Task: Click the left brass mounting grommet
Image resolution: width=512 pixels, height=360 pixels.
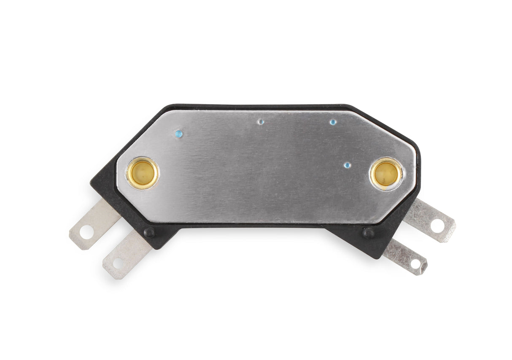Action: [x=143, y=173]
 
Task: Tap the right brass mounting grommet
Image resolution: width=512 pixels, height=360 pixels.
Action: [x=386, y=173]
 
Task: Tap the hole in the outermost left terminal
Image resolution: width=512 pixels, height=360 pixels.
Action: [x=86, y=231]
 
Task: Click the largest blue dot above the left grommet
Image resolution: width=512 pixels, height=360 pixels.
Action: [x=179, y=134]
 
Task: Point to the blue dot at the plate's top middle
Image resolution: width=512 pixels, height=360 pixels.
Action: [x=261, y=122]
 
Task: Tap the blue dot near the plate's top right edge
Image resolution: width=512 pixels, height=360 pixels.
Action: [x=333, y=122]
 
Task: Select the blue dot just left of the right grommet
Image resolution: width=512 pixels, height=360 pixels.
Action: [x=347, y=165]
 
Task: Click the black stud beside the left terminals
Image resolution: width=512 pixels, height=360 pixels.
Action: [x=149, y=231]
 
